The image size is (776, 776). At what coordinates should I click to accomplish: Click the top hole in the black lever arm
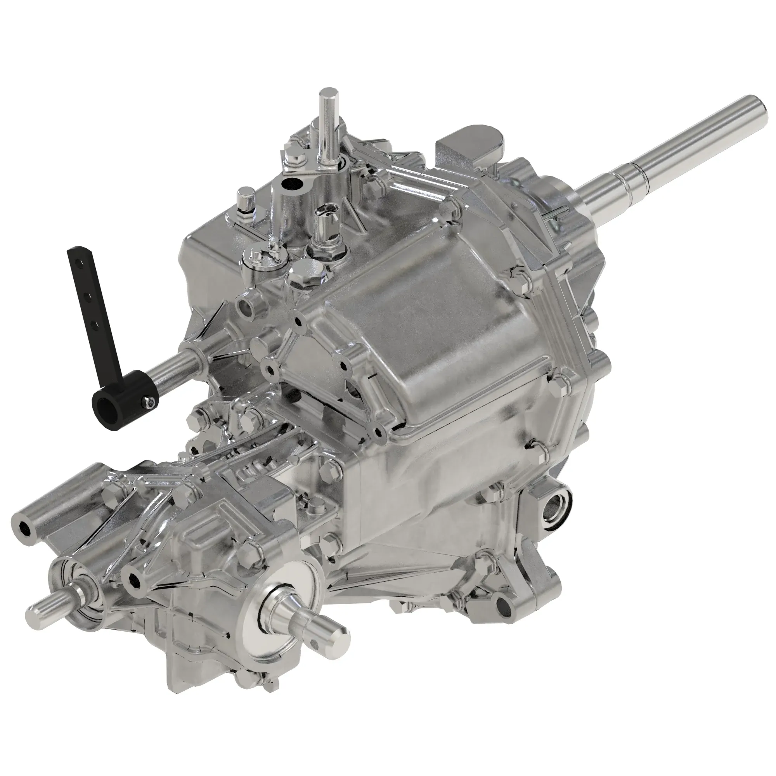[82, 261]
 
